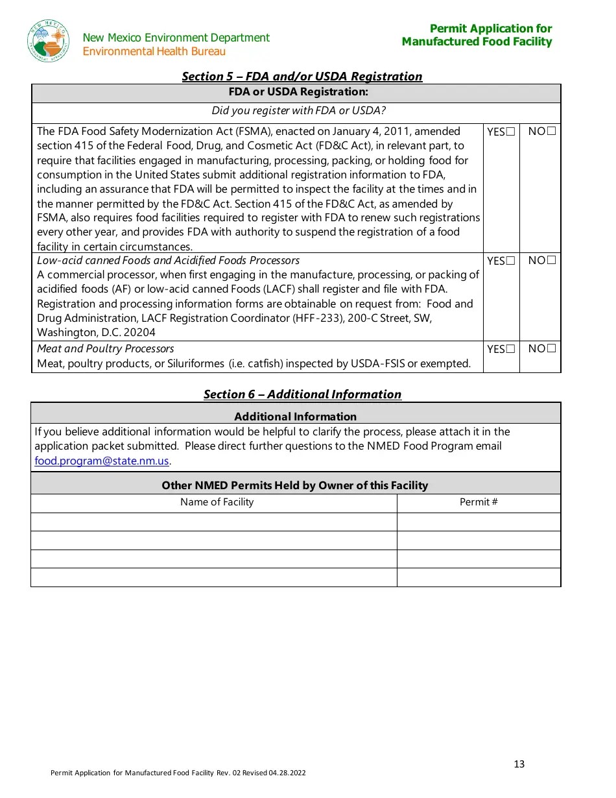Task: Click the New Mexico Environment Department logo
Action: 49,41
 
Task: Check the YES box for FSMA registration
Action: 511,132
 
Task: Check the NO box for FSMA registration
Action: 551,131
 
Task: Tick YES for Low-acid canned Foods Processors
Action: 511,261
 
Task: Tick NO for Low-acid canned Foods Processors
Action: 551,260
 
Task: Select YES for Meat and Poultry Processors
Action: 511,349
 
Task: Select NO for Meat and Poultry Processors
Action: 551,348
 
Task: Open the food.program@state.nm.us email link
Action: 102,461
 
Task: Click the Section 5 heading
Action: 302,77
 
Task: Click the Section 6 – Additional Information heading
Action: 302,394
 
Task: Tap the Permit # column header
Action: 479,502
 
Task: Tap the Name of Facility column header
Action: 217,502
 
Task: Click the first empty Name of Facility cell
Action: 214,522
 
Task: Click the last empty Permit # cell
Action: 479,577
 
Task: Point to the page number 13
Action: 519,764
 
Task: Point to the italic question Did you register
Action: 298,111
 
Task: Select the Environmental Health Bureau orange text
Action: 154,52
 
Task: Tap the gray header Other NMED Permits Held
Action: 295,485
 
